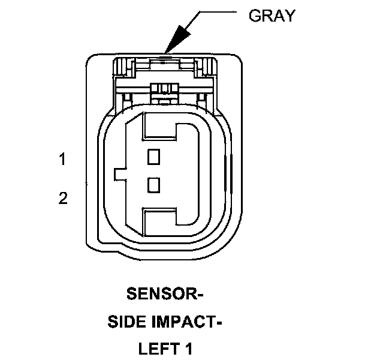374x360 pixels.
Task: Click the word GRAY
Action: pos(272,16)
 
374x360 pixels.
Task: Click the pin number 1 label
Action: pos(62,160)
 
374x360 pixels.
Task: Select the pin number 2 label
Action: pos(63,199)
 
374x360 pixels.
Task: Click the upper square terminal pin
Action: pos(154,157)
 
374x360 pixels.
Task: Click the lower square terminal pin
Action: pos(154,184)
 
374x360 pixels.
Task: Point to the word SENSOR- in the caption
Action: pos(165,295)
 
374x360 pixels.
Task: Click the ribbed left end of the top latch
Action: pos(123,67)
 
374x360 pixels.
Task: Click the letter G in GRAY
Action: pos(254,16)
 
